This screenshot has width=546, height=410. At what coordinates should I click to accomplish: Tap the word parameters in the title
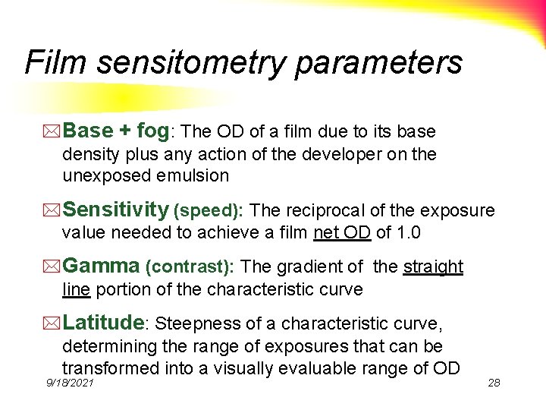coord(378,62)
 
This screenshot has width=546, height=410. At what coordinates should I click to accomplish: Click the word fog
coord(154,131)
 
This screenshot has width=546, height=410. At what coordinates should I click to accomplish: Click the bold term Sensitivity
coord(115,210)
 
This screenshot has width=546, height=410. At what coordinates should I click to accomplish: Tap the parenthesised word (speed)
coord(209,210)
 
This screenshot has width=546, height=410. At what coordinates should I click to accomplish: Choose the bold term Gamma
coord(101,266)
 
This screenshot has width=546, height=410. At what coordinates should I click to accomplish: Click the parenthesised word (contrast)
coord(190,266)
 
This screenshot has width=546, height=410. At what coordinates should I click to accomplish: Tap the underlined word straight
coord(433,266)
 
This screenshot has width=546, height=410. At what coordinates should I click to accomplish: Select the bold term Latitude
coord(103,323)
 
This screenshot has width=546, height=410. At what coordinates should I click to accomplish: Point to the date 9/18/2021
coord(70,383)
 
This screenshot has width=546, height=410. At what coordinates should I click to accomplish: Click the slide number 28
coord(494,383)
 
